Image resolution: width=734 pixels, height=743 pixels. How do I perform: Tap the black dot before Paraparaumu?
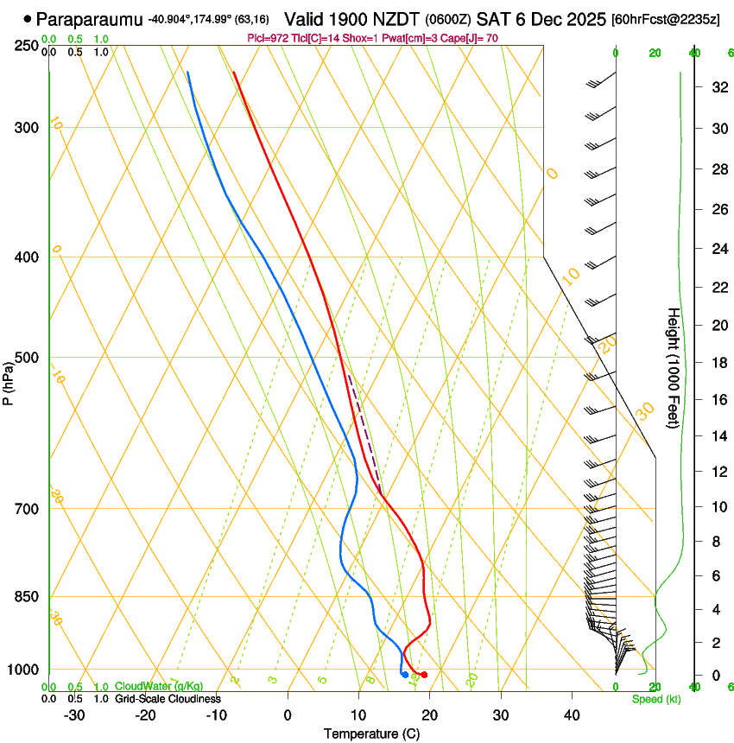click(x=28, y=18)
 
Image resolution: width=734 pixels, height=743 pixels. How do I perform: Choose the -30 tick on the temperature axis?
click(x=74, y=715)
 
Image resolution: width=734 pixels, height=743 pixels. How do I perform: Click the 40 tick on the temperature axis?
click(x=571, y=715)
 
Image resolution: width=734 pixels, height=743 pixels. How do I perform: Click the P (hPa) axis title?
click(x=8, y=381)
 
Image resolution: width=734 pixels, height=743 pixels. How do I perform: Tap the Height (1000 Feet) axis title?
click(x=674, y=368)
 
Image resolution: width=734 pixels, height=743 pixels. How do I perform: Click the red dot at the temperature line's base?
click(x=424, y=675)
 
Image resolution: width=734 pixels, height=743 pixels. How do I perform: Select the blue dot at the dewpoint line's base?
click(x=405, y=675)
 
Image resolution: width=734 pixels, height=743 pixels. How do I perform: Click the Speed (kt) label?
click(x=655, y=699)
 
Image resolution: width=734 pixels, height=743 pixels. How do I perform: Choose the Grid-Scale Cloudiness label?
click(x=168, y=699)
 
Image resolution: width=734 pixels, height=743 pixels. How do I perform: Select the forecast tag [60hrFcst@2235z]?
click(x=666, y=19)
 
